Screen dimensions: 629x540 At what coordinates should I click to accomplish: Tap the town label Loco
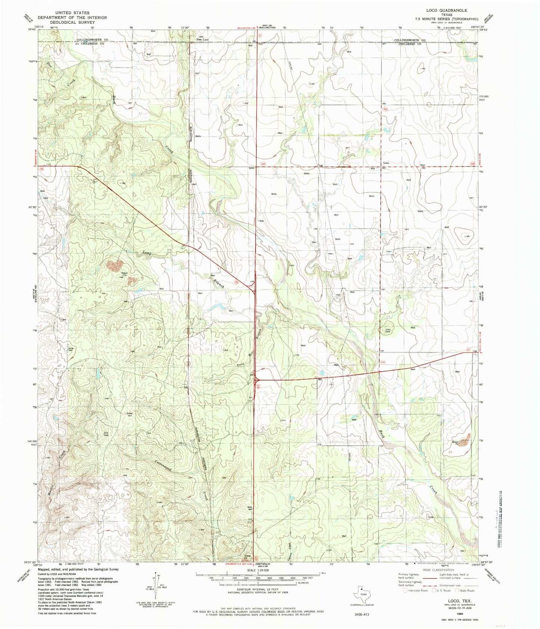(386, 163)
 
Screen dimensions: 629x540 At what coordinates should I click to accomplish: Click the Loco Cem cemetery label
(388, 330)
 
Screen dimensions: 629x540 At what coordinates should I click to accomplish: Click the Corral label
(130, 414)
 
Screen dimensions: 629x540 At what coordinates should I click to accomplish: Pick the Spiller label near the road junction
(252, 168)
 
